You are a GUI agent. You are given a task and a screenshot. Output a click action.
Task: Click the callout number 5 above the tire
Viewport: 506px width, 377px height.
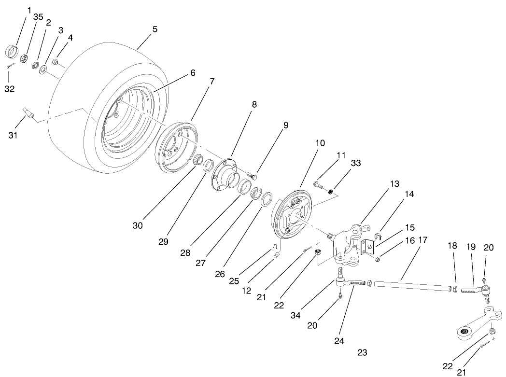point(155,29)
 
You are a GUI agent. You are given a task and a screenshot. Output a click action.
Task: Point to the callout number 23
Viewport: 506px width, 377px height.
point(362,352)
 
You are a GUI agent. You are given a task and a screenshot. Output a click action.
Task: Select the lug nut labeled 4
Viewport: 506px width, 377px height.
point(56,62)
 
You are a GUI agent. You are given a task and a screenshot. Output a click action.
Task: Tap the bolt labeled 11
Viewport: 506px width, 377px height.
point(318,183)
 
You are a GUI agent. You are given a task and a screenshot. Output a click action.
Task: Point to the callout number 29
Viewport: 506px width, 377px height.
point(164,241)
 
